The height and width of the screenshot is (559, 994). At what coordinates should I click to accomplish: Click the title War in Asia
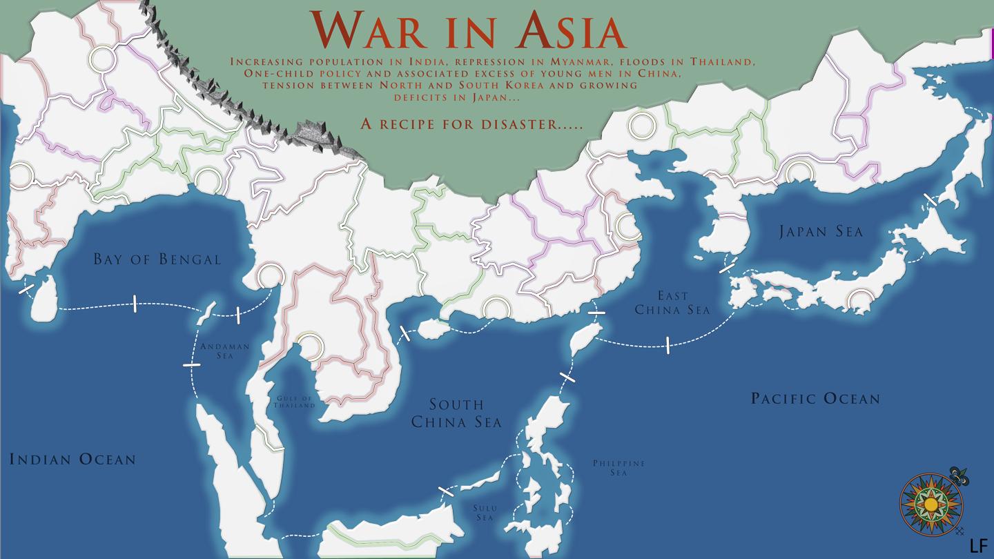coord(468,31)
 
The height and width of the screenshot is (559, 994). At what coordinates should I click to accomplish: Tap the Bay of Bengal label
coord(157,259)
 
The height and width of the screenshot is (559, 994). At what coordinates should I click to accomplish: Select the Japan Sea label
coord(821,231)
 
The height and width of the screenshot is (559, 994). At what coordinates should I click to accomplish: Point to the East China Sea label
coord(672,302)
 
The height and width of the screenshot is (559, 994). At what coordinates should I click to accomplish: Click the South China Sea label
coord(456,413)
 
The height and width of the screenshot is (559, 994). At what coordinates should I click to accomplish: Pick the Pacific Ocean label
coord(815,398)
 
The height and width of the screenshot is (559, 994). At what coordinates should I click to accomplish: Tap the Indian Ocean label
coord(72,459)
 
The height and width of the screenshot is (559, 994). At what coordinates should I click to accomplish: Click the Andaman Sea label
coord(224,351)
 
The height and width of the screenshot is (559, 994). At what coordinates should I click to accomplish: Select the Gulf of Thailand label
coord(295,402)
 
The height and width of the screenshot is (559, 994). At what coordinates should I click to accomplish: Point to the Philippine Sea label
coord(618,468)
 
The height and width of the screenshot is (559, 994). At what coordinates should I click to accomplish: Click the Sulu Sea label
coord(485,513)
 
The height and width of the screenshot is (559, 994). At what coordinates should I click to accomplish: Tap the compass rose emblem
coord(931,504)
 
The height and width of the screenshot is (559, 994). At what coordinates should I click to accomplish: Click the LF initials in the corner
coord(978,545)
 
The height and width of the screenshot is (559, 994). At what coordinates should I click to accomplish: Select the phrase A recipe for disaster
coord(471,124)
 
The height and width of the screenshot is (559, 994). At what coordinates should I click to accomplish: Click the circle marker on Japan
coord(860,301)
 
